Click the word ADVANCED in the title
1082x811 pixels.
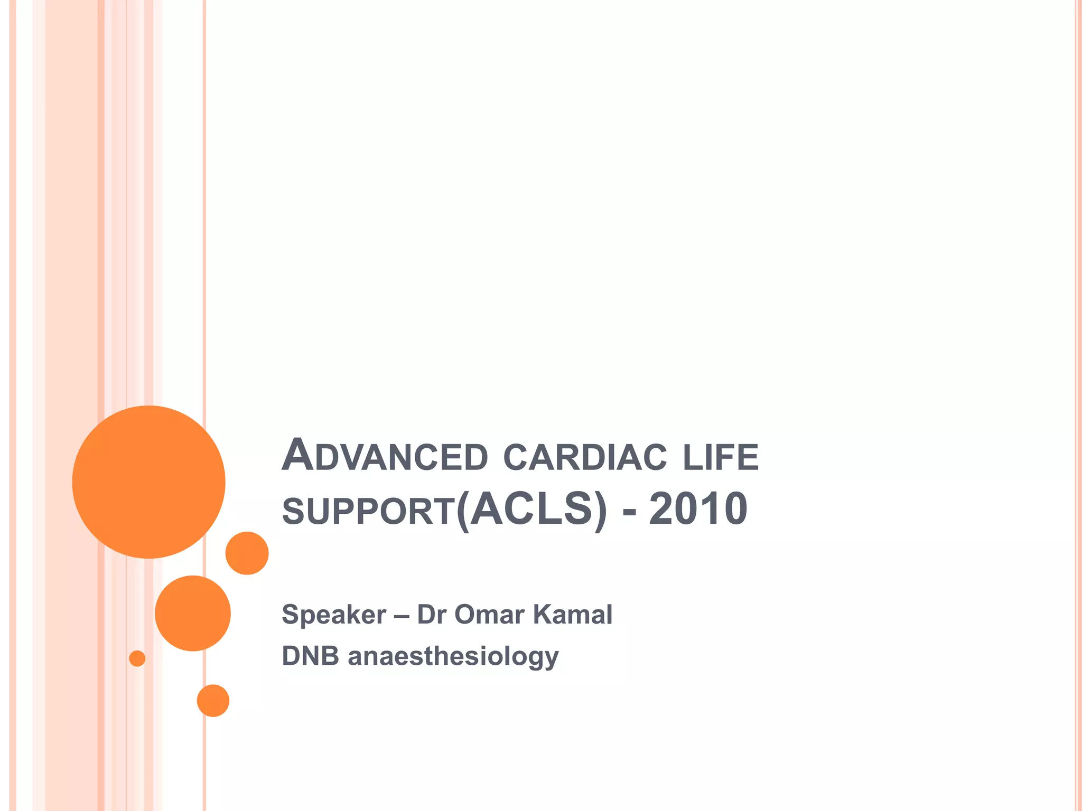[x=385, y=456]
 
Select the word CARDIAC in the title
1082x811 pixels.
[x=585, y=457]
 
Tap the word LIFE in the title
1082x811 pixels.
[x=721, y=457]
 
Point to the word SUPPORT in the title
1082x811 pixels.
[x=369, y=511]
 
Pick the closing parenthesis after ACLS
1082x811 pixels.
[x=601, y=510]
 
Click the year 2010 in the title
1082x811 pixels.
[x=698, y=509]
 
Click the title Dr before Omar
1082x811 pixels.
[x=431, y=614]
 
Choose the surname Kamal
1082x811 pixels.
[x=573, y=614]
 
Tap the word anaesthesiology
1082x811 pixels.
[x=453, y=657]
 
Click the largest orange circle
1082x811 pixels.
[x=148, y=482]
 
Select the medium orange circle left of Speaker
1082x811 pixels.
[x=193, y=613]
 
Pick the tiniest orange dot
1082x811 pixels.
[x=137, y=658]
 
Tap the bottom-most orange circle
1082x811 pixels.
[x=213, y=701]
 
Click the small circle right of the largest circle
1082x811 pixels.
[x=247, y=553]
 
